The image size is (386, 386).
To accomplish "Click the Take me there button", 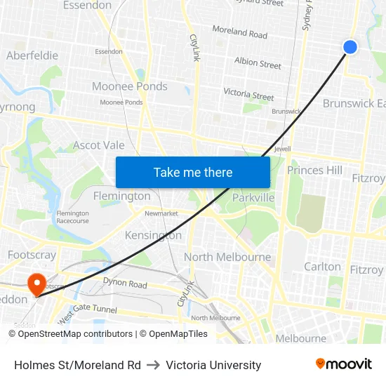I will pyautogui.click(x=193, y=172).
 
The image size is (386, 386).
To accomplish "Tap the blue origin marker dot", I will pyautogui.click(x=350, y=46).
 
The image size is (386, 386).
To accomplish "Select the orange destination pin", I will pyautogui.click(x=36, y=284).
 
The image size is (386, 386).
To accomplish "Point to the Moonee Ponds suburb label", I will pyautogui.click(x=130, y=86).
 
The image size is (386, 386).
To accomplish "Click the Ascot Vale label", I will pyautogui.click(x=99, y=146).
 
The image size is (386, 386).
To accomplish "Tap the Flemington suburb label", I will pyautogui.click(x=122, y=196).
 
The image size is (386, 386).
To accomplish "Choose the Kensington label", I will pyautogui.click(x=153, y=235).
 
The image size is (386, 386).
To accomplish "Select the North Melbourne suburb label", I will pyautogui.click(x=227, y=257).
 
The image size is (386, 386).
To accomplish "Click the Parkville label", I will pyautogui.click(x=253, y=198).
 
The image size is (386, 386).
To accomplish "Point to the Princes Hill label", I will pyautogui.click(x=315, y=170).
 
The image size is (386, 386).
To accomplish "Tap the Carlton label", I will pyautogui.click(x=322, y=267).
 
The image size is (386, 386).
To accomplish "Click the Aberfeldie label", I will pyautogui.click(x=32, y=55).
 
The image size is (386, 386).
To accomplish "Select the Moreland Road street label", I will pyautogui.click(x=239, y=33).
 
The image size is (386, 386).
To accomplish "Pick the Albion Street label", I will pyautogui.click(x=258, y=64).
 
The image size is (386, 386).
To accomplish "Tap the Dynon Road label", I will pyautogui.click(x=125, y=284).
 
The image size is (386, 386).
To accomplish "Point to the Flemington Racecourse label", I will pyautogui.click(x=73, y=217).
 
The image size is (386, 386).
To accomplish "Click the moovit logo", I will pyautogui.click(x=344, y=364).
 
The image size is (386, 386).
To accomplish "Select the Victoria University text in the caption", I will pyautogui.click(x=213, y=365).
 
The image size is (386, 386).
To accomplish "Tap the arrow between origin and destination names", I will pyautogui.click(x=153, y=365).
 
